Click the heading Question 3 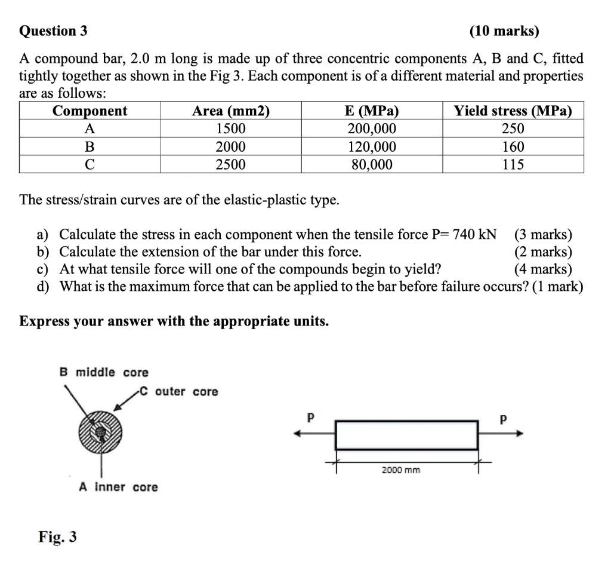click(x=53, y=31)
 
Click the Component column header click(x=90, y=111)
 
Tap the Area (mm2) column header click(x=230, y=111)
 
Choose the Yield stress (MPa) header click(x=513, y=111)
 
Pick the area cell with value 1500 click(x=230, y=129)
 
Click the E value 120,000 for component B click(x=372, y=147)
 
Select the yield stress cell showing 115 click(x=513, y=164)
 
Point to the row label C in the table click(x=90, y=164)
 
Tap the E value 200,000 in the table click(x=372, y=129)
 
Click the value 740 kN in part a click(x=474, y=234)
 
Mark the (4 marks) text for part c click(x=542, y=269)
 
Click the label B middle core click(x=104, y=373)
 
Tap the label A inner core click(x=119, y=487)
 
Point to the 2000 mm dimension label click(x=401, y=470)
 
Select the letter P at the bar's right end click(x=503, y=419)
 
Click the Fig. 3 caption click(x=58, y=537)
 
